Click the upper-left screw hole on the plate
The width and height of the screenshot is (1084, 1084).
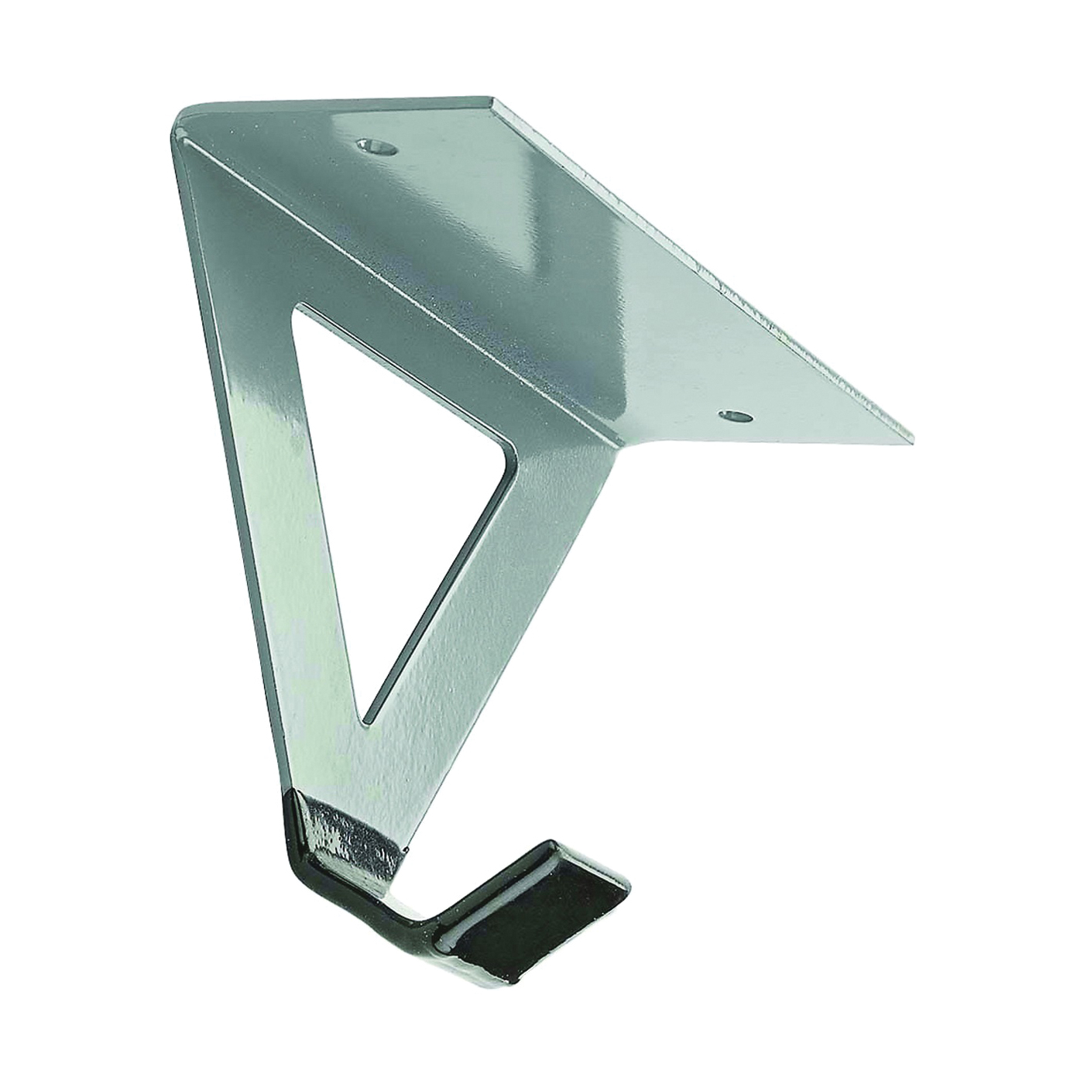pos(375,145)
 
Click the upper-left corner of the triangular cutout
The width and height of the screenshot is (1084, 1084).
pos(298,310)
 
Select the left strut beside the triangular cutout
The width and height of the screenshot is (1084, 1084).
pos(279,503)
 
